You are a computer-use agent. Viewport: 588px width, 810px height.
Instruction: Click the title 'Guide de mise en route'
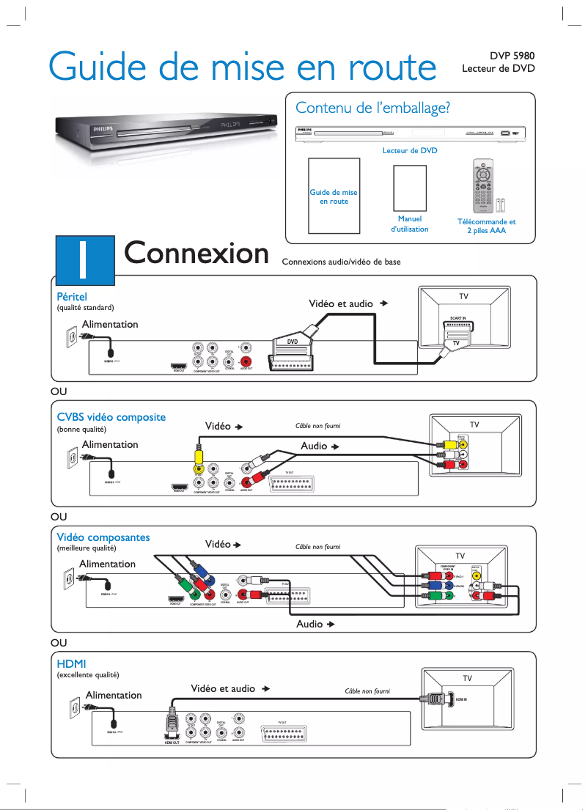(x=242, y=67)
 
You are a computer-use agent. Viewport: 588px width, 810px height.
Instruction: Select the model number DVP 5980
(x=512, y=56)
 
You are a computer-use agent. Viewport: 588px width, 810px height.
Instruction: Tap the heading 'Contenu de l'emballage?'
(x=372, y=108)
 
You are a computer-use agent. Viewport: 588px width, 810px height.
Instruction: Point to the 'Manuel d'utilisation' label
(x=409, y=224)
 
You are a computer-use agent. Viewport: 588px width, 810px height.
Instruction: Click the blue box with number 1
(x=84, y=257)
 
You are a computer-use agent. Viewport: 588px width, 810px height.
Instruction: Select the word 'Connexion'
(x=196, y=253)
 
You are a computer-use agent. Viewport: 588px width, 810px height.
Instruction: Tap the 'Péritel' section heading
(x=72, y=297)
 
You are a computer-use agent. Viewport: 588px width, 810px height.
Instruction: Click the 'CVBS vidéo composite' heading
(x=111, y=417)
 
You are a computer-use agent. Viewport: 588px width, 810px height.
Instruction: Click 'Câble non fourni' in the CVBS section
(x=317, y=426)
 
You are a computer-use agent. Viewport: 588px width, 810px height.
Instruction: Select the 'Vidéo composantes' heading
(x=103, y=537)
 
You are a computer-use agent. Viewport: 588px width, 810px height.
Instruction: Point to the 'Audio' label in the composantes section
(x=309, y=624)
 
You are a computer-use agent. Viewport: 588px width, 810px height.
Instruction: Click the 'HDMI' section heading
(x=72, y=663)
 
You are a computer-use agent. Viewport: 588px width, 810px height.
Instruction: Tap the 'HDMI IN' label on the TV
(x=461, y=699)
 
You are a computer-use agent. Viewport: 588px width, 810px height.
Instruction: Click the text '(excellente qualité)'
(x=88, y=674)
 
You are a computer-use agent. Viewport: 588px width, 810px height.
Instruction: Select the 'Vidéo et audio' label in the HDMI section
(x=224, y=688)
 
